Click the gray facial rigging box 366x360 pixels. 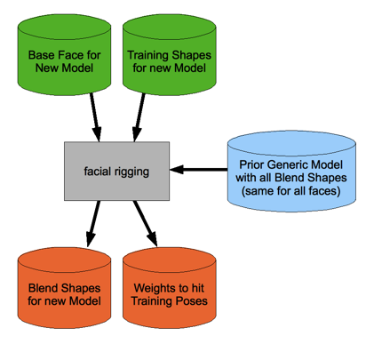pyautogui.click(x=116, y=171)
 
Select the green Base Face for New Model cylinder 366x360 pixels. pyautogui.click(x=64, y=55)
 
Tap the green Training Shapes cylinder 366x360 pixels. pyautogui.click(x=170, y=55)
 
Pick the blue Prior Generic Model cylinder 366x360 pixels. pyautogui.click(x=291, y=172)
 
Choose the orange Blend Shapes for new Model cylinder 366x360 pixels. pyautogui.click(x=64, y=288)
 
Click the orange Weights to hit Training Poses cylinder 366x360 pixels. pyautogui.click(x=170, y=288)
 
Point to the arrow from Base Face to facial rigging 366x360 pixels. pyautogui.click(x=95, y=117)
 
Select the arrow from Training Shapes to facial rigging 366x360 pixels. pyautogui.click(x=139, y=117)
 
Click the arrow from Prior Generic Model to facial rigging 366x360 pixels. pyautogui.click(x=199, y=170)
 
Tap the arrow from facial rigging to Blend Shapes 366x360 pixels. pyautogui.click(x=93, y=224)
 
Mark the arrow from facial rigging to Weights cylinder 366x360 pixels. pyautogui.click(x=145, y=223)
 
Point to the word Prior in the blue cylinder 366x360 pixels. pyautogui.click(x=250, y=164)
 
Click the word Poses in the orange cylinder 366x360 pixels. pyautogui.click(x=191, y=301)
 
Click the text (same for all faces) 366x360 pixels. pyautogui.click(x=291, y=191)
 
